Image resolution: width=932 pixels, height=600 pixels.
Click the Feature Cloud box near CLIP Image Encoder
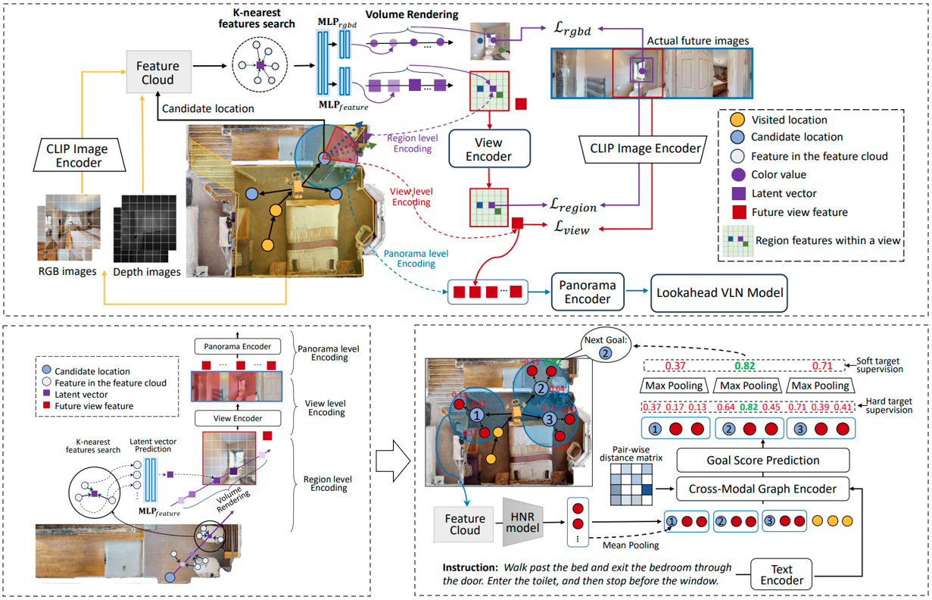[x=157, y=73]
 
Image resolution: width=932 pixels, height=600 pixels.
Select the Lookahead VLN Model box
[x=720, y=292]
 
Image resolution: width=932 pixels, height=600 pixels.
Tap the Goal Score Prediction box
[x=762, y=459]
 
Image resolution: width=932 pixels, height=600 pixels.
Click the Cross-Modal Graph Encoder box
[x=762, y=489]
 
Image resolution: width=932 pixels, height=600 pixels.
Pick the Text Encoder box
[x=781, y=575]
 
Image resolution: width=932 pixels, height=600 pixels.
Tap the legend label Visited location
[x=789, y=120]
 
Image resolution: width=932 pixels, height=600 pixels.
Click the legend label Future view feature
[x=799, y=211]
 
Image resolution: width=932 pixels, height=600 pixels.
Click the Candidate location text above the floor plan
[x=207, y=109]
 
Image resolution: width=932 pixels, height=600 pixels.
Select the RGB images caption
[x=68, y=271]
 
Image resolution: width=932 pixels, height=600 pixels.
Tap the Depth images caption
[x=147, y=271]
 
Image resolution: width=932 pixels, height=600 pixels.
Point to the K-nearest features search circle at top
[x=259, y=65]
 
